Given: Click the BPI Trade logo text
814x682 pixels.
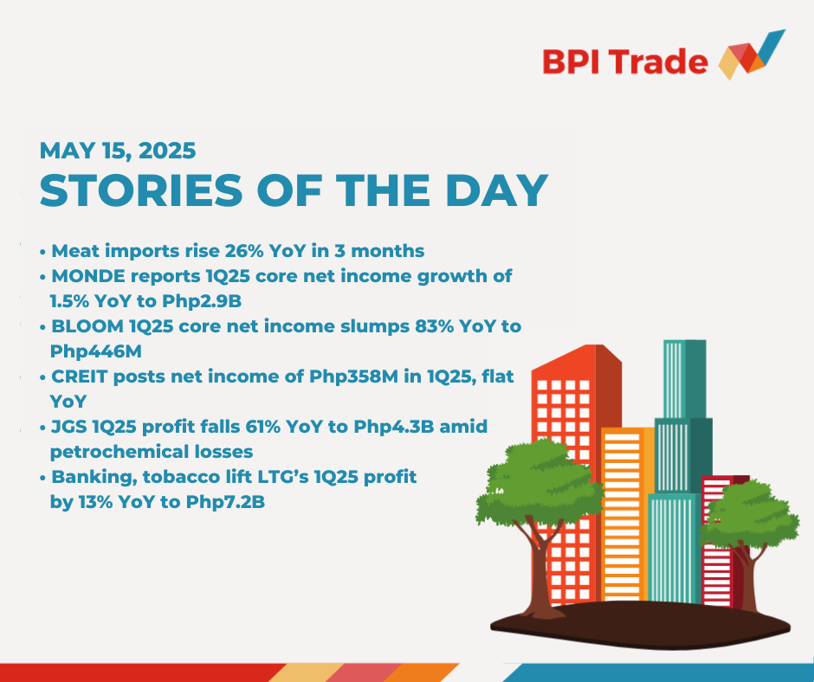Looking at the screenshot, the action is (625, 61).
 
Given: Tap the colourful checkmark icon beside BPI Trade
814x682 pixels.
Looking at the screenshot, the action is (752, 55).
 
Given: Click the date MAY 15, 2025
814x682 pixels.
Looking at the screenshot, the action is (118, 151).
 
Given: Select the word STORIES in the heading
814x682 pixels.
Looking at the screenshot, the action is (141, 190).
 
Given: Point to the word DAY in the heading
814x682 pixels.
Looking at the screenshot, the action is (497, 190).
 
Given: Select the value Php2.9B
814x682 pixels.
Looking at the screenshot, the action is (202, 301).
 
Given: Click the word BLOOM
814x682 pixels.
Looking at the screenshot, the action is (87, 326).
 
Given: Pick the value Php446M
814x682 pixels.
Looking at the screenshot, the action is (95, 352).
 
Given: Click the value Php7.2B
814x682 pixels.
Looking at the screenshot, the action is (225, 503).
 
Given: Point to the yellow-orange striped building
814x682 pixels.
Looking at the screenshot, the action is (627, 514).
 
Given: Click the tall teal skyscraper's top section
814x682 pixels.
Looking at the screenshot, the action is (684, 379).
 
